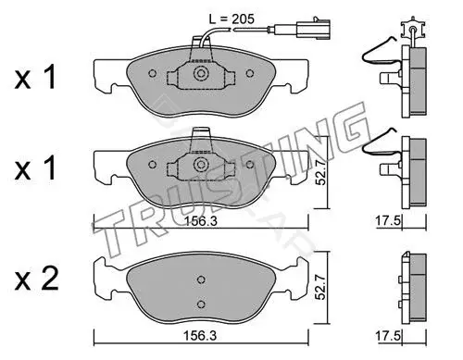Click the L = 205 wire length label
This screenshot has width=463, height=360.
(x=231, y=19)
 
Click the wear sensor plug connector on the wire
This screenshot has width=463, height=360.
(x=313, y=29)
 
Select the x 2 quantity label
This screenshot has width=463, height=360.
(x=36, y=279)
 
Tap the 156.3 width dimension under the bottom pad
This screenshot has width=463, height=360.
(x=200, y=335)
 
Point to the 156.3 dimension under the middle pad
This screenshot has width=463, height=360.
(x=201, y=221)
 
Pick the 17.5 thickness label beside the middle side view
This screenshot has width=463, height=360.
(x=388, y=221)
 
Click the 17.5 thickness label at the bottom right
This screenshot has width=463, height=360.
(x=388, y=335)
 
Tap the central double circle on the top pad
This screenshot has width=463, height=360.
(x=201, y=73)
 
